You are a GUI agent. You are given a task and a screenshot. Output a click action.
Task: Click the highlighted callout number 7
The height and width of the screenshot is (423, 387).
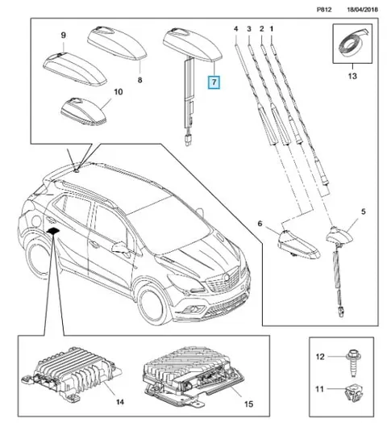214,82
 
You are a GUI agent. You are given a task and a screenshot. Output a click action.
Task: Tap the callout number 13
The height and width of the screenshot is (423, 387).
352,76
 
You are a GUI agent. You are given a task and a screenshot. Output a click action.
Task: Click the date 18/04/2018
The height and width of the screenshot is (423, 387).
362,10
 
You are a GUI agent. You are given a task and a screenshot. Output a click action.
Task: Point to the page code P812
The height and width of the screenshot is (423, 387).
324,10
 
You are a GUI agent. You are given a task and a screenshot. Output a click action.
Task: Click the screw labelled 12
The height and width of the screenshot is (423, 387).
354,362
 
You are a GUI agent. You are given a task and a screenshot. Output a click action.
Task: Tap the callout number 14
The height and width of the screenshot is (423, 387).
120,402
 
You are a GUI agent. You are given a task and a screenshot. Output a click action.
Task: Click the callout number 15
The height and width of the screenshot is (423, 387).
248,404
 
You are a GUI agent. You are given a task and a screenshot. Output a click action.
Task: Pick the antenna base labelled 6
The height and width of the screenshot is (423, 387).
298,244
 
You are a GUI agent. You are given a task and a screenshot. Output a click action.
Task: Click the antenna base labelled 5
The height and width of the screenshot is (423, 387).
340,237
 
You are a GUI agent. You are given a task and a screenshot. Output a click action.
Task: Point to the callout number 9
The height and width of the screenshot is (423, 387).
63,35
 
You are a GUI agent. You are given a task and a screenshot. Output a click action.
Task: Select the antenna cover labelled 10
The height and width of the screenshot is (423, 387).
84,112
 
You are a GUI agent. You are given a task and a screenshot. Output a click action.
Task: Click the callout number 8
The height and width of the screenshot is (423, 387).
139,80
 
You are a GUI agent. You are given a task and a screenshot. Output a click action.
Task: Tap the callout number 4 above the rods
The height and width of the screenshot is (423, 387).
235,28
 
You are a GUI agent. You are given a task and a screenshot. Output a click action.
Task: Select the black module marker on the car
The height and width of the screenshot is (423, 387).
54,231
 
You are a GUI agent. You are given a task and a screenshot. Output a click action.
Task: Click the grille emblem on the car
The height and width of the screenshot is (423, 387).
226,277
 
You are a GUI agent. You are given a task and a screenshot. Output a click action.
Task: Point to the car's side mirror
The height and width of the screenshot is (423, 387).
120,247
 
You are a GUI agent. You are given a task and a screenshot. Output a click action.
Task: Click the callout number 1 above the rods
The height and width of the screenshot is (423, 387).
272,28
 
